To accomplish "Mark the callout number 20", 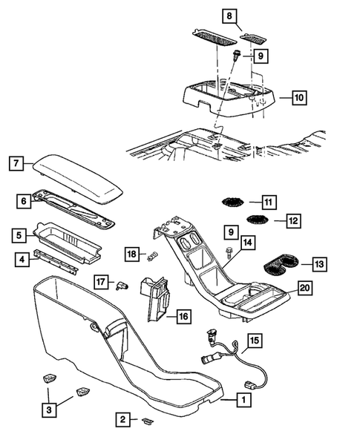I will [x=304, y=289].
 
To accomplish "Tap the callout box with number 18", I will [x=131, y=254].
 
